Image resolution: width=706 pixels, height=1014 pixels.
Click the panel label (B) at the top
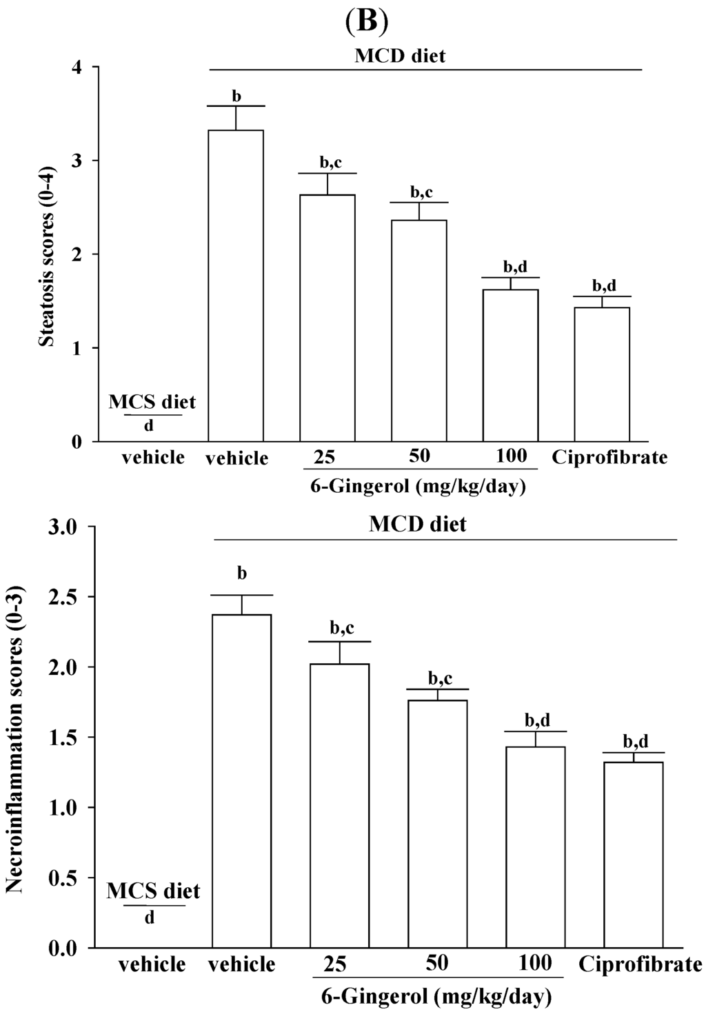365,21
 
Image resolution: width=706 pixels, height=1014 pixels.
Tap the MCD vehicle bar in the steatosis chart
236,285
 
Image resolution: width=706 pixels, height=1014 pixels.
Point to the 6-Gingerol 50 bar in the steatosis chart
418,330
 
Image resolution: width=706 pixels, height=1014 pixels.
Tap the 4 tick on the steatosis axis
76,68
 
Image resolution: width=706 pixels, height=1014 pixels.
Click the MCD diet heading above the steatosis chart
400,55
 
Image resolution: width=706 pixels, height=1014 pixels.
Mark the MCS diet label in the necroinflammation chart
153,891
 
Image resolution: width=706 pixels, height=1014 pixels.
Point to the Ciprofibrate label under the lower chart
640,963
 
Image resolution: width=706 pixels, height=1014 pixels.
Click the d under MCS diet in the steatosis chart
149,426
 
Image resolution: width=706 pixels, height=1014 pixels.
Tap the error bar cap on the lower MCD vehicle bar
241,595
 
